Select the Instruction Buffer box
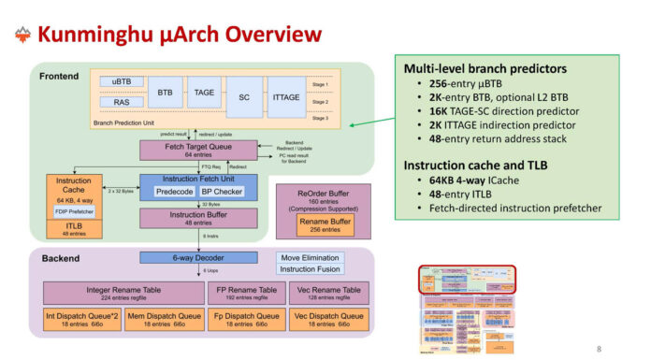197,219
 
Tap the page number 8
599,349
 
